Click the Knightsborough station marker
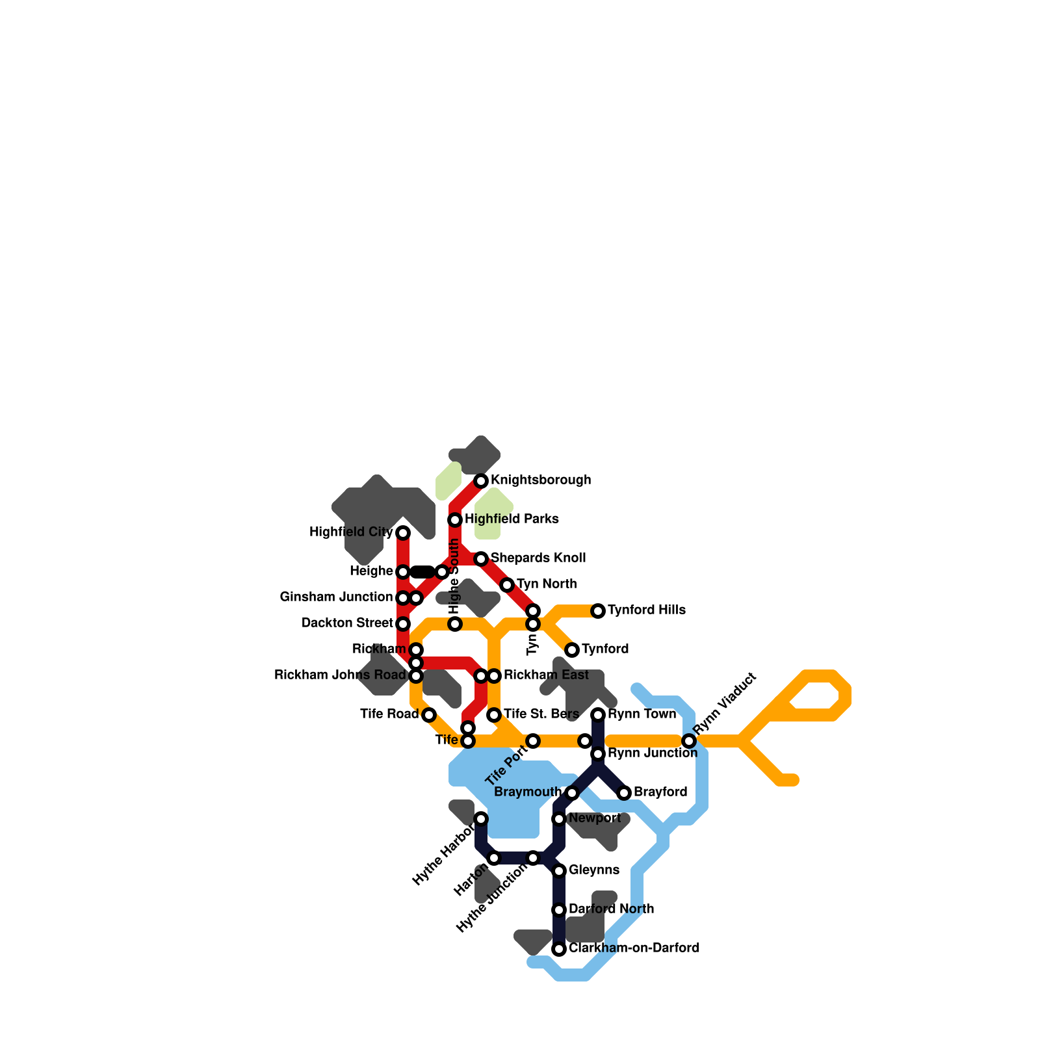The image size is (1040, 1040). coord(481,481)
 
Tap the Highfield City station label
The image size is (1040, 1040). coord(351,532)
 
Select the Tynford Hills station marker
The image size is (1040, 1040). coord(598,611)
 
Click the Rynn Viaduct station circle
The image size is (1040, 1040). coord(689,741)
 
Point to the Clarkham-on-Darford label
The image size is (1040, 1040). coord(634,948)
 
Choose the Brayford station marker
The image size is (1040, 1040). coord(624,793)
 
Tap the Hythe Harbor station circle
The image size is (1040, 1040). coord(481,819)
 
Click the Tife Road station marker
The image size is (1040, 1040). coord(429,715)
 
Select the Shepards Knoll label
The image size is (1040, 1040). coord(538,558)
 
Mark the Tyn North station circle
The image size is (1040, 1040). coord(507,585)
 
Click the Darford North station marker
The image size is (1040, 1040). coord(559,910)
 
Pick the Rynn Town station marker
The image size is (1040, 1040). coord(598,715)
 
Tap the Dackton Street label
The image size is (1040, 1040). coord(347,623)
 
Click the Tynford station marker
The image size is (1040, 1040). coord(572,650)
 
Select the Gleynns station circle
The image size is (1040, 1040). coord(559,871)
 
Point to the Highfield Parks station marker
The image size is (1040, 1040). coord(455,520)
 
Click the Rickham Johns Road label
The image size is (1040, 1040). coord(340,675)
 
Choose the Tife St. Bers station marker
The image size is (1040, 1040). coord(494,715)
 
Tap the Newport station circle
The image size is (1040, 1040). coord(559,819)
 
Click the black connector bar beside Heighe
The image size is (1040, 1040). coord(422,572)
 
